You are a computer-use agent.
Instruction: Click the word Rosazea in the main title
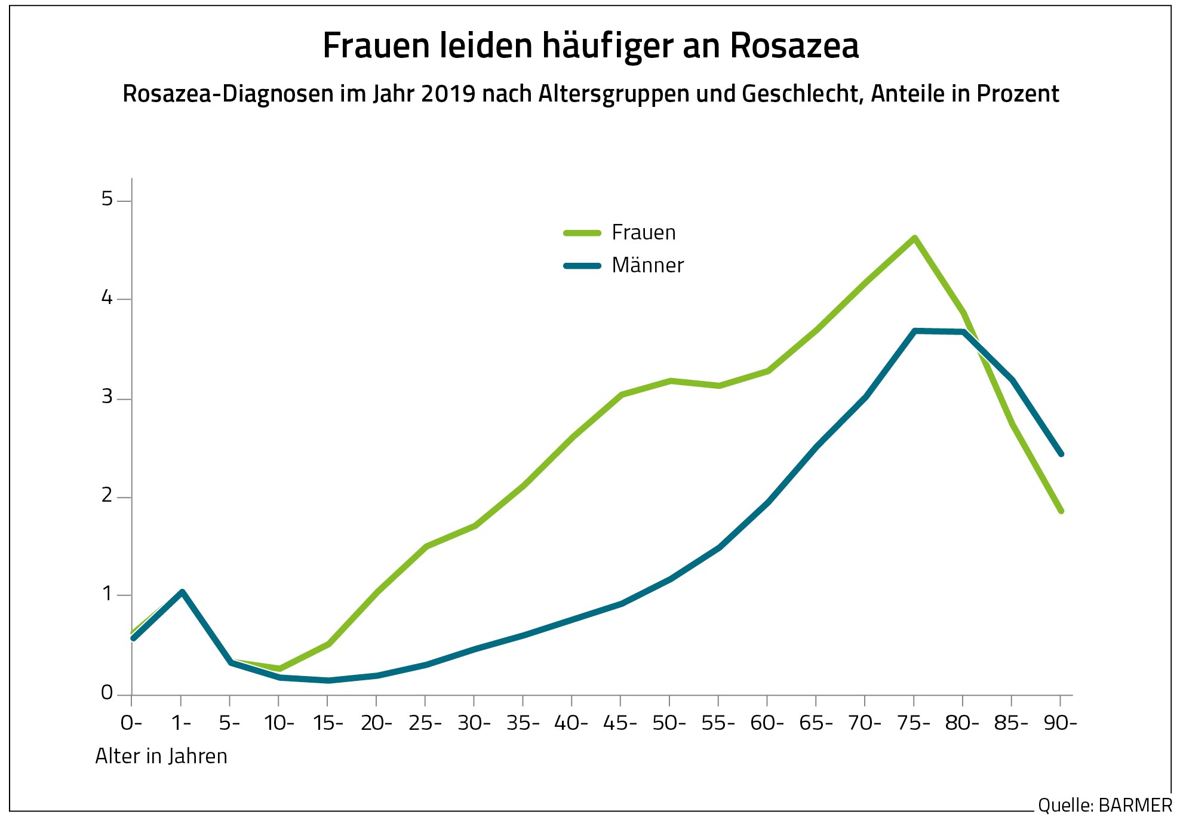coord(794,45)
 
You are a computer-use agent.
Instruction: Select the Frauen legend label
coord(643,232)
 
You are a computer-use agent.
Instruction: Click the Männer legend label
coord(647,265)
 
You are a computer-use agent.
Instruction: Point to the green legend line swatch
coord(582,233)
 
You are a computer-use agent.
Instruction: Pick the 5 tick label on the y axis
coord(107,199)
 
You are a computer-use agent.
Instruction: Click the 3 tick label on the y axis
coord(107,397)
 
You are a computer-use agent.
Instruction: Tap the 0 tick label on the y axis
coord(107,693)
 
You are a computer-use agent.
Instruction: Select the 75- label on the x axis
coord(913,723)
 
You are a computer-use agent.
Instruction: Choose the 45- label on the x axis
coord(620,723)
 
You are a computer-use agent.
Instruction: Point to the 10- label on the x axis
coord(279,723)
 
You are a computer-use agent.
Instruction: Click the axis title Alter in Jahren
coord(161,756)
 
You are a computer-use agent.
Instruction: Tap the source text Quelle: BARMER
coord(1105,805)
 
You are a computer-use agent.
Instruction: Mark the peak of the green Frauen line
coord(914,238)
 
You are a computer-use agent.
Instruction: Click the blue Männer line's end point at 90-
coord(1061,454)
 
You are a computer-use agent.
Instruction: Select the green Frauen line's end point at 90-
coord(1061,511)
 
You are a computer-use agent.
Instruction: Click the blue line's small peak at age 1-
coord(182,592)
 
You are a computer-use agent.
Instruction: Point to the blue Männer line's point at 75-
coord(914,331)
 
